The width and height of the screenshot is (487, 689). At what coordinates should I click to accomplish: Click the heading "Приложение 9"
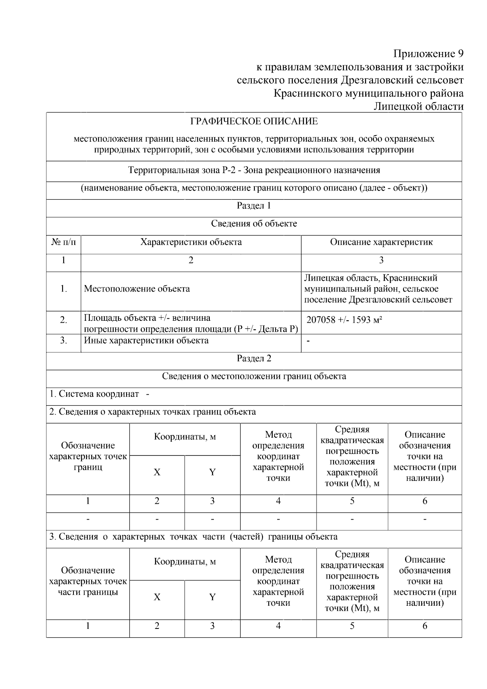point(428,54)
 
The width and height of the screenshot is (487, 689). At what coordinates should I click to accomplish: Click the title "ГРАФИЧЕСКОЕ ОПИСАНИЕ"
point(254,121)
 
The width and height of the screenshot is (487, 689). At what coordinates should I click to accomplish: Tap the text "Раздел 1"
point(254,206)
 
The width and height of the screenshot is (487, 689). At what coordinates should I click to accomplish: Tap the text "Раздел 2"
point(254,359)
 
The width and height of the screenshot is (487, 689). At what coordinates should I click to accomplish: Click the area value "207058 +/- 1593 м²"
point(344,320)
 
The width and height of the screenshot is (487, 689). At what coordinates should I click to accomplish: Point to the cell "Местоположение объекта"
point(137,289)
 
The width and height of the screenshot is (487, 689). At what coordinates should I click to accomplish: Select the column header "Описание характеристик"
point(381,242)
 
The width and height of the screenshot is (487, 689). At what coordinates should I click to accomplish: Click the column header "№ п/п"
point(64,242)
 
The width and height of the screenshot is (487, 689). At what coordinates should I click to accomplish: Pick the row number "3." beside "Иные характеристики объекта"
point(64,341)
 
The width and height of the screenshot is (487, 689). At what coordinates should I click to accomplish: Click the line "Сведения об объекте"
point(254,224)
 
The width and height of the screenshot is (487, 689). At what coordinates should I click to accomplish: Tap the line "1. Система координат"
point(95,394)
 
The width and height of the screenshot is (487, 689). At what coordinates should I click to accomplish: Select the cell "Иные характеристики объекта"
point(146,341)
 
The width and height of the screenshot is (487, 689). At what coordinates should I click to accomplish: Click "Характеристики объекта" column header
point(191,242)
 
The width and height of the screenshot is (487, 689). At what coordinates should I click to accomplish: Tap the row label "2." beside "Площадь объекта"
point(64,320)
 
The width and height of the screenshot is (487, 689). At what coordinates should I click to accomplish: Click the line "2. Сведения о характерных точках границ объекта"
point(153,412)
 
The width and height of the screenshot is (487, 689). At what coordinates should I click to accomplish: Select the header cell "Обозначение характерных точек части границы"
point(88,581)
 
